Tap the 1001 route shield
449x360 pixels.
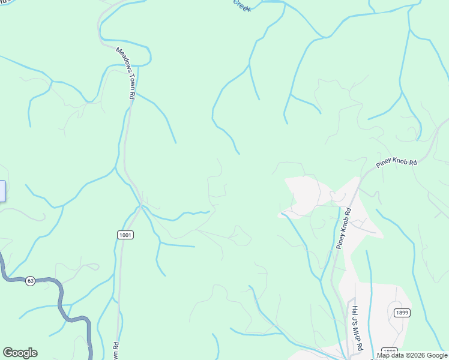click(125, 235)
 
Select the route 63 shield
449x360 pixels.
click(30, 280)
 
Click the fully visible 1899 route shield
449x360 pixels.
click(402, 313)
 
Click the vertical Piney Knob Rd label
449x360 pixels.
click(343, 229)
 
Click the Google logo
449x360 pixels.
click(20, 353)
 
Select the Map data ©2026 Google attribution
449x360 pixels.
click(412, 355)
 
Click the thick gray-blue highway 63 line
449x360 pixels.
click(60, 297)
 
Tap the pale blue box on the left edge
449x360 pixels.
click(2, 191)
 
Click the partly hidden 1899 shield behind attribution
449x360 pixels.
click(390, 350)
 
